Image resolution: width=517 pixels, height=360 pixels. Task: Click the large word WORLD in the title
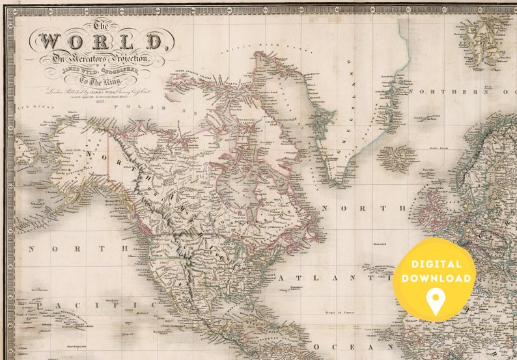click(100, 42)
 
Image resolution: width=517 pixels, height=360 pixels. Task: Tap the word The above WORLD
click(100, 25)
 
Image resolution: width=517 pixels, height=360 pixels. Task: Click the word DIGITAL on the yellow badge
click(435, 264)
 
